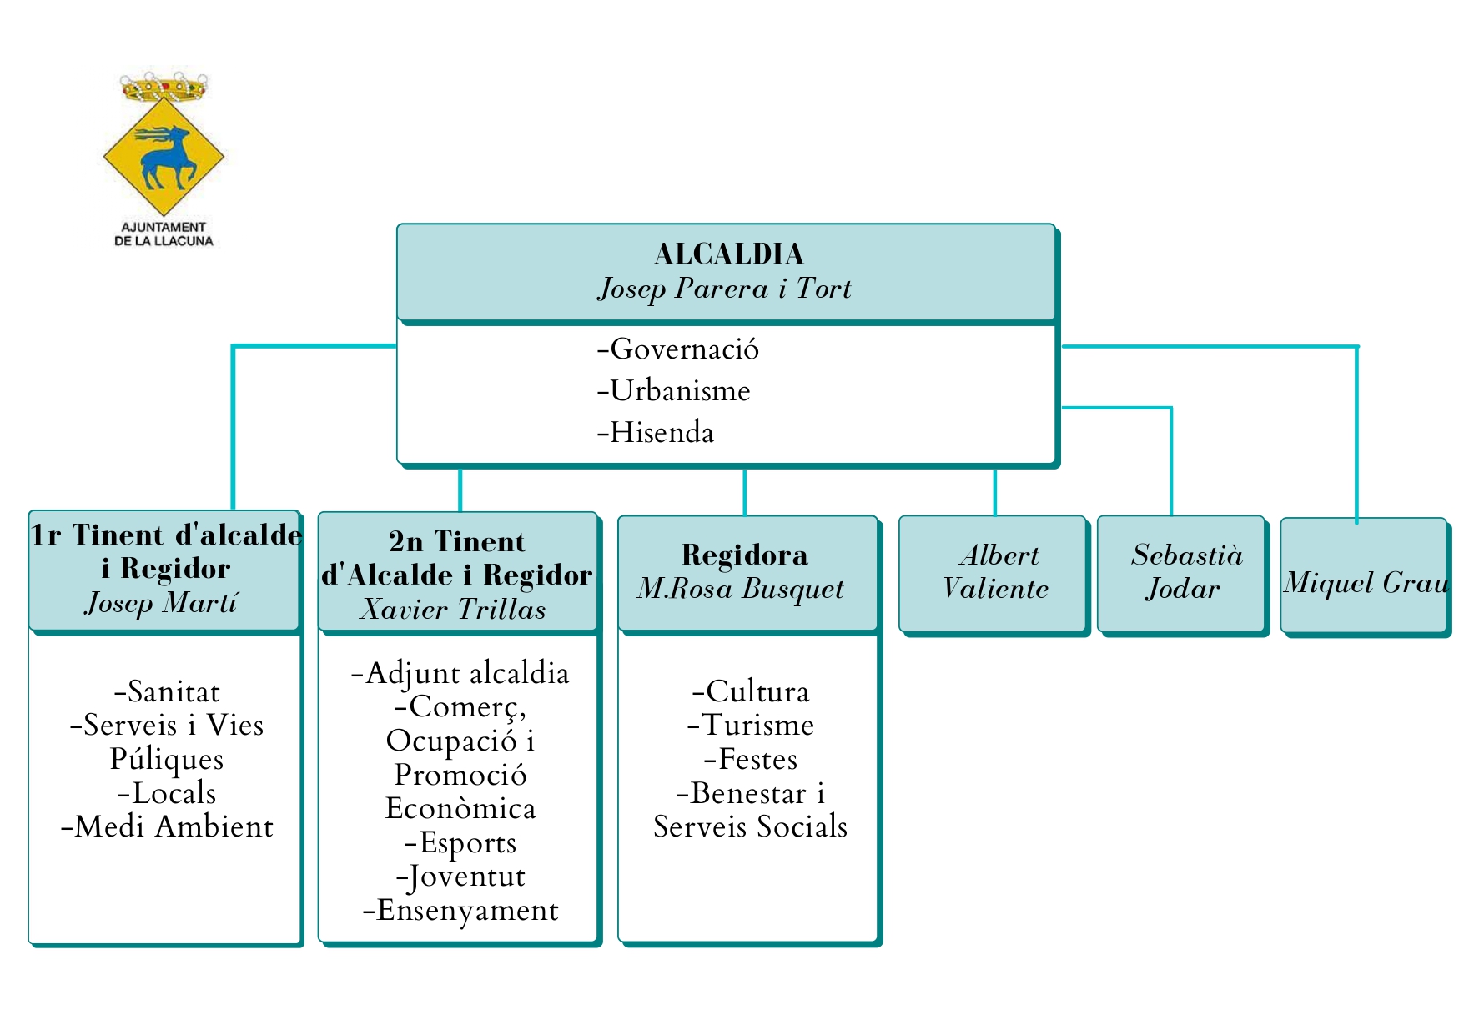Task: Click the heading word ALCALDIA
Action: coord(728,254)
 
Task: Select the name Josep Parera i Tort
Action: coord(724,289)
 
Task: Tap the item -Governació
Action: coord(677,349)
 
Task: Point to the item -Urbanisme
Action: coord(673,390)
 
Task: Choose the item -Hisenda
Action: coord(655,432)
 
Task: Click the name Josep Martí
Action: coord(162,602)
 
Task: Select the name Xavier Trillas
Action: coord(453,610)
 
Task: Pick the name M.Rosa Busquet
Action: coord(741,589)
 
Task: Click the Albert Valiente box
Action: coord(994,573)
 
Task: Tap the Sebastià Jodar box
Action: coord(1183,573)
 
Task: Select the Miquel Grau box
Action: coord(1365,575)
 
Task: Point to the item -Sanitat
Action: coord(167,691)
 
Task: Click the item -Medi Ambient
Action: coord(167,826)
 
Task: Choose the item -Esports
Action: coord(460,842)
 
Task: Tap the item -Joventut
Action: coord(460,877)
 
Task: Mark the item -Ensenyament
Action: coord(460,910)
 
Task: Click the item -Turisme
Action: coord(750,725)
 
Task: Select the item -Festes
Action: coord(750,759)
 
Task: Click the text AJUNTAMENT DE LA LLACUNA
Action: coord(164,234)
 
